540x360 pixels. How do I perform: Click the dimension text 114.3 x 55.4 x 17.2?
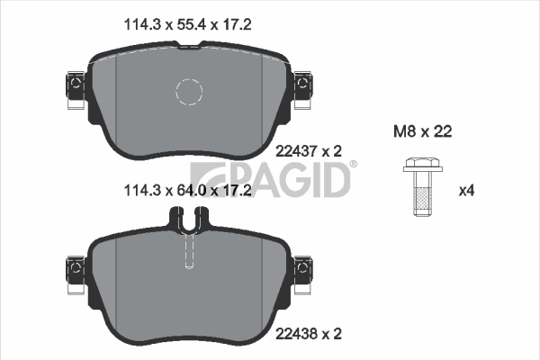coord(187,25)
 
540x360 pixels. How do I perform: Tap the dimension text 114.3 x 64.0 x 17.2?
coord(187,190)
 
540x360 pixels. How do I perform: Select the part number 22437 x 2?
coord(309,151)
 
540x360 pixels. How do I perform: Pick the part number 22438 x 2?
coord(309,334)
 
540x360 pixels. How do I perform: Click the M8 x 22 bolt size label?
coord(423,131)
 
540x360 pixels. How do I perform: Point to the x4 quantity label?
coord(466,191)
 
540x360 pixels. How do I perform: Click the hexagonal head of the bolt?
coord(423,165)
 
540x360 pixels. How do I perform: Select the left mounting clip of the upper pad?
coord(76,90)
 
